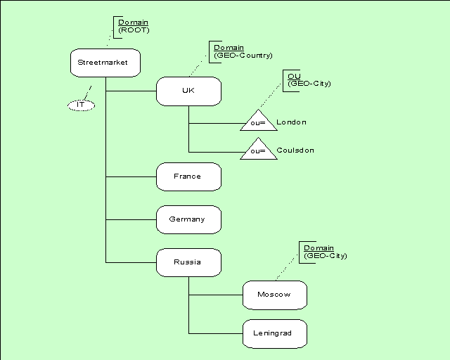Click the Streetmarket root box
(105, 63)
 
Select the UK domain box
(188, 91)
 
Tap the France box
(188, 176)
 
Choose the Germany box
(188, 219)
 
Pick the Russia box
(188, 262)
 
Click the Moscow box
(275, 295)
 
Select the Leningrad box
(275, 333)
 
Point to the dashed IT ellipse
(81, 105)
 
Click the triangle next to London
(259, 122)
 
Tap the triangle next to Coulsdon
(259, 150)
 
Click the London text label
(292, 122)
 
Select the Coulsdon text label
(295, 150)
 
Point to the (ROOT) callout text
(134, 30)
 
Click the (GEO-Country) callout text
(243, 56)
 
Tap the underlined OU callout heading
(294, 76)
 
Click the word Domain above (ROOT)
(133, 22)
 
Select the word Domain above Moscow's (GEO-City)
(319, 248)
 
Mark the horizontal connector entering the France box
(131, 176)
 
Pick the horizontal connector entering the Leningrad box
(215, 333)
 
